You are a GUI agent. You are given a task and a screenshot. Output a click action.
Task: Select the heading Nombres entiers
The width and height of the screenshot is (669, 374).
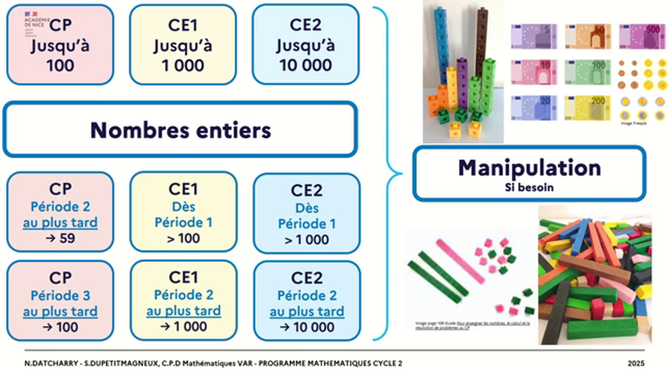pos(180,130)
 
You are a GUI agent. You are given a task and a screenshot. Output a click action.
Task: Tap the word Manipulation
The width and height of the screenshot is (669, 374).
pos(529,168)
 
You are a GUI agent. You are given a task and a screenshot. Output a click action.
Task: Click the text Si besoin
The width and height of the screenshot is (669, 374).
pos(529,188)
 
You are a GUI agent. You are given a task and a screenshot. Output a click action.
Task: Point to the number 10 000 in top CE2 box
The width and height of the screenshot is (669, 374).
pos(305,65)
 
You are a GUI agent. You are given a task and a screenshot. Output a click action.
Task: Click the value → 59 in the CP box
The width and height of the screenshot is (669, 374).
pos(60,239)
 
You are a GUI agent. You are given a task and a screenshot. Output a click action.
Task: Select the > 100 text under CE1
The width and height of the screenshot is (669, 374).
pos(183,239)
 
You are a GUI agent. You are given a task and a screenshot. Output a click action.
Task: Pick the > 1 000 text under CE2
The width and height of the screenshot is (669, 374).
pos(306,239)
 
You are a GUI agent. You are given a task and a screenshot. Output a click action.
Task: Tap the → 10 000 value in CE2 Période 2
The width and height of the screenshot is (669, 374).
pos(306,327)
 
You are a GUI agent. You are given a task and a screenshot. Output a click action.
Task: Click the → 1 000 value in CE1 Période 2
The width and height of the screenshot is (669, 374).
pos(183,327)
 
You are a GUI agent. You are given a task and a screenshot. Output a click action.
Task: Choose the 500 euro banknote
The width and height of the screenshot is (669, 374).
pos(642,36)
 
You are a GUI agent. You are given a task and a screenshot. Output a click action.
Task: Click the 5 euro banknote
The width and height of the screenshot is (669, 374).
pos(533,36)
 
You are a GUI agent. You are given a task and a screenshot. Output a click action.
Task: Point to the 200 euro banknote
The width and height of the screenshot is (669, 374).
pos(588,108)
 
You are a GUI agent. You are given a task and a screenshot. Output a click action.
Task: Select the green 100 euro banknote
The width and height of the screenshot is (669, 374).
pos(588,72)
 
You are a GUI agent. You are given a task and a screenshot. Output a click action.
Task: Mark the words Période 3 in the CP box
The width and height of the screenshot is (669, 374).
pos(60,296)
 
